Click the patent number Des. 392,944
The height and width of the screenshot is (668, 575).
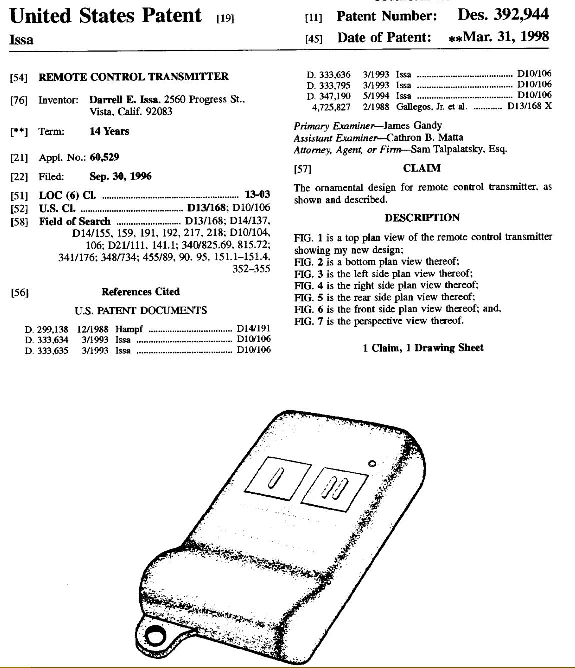503,14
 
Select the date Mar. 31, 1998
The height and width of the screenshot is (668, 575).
506,37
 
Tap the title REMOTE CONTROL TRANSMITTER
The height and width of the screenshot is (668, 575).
133,77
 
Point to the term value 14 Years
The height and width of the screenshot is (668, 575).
109,132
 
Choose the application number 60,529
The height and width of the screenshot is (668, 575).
104,158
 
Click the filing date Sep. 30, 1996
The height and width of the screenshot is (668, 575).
121,176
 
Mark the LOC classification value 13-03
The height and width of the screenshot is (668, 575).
257,195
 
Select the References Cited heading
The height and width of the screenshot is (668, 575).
140,292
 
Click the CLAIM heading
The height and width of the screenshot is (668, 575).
422,168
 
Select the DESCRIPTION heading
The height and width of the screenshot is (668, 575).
422,218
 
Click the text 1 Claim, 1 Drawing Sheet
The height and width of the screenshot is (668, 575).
423,348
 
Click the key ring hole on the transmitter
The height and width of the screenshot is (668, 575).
156,635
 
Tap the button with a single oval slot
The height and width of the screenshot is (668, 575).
275,478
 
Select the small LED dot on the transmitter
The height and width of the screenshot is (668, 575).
372,462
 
